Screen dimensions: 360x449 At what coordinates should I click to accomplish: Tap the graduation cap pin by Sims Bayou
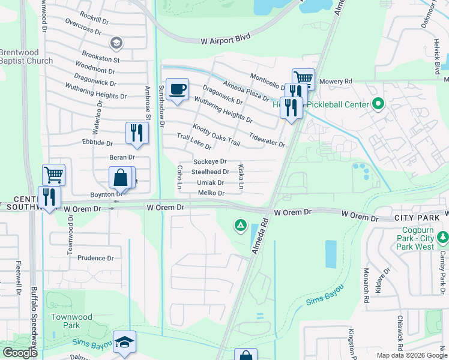(124, 343)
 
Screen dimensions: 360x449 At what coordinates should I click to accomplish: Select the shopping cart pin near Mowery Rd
(304, 78)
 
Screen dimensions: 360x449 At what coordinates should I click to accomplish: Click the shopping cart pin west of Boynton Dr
(53, 175)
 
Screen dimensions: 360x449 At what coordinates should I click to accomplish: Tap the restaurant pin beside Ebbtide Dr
(137, 132)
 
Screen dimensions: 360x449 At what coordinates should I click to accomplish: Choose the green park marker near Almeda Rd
(240, 226)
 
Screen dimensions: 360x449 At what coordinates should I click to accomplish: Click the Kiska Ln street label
(241, 176)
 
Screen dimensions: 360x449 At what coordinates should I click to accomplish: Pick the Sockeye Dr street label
(209, 161)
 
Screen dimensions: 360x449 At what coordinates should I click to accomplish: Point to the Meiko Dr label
(211, 193)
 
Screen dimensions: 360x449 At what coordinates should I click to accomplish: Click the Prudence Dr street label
(95, 258)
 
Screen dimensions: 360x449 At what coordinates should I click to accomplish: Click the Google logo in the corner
(19, 353)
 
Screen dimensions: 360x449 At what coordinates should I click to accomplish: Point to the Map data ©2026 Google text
(411, 355)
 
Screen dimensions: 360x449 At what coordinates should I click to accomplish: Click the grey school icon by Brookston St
(116, 43)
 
